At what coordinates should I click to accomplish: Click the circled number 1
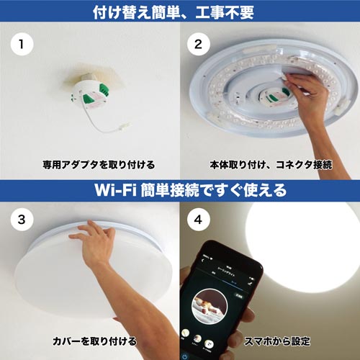pyautogui.click(x=22, y=44)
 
